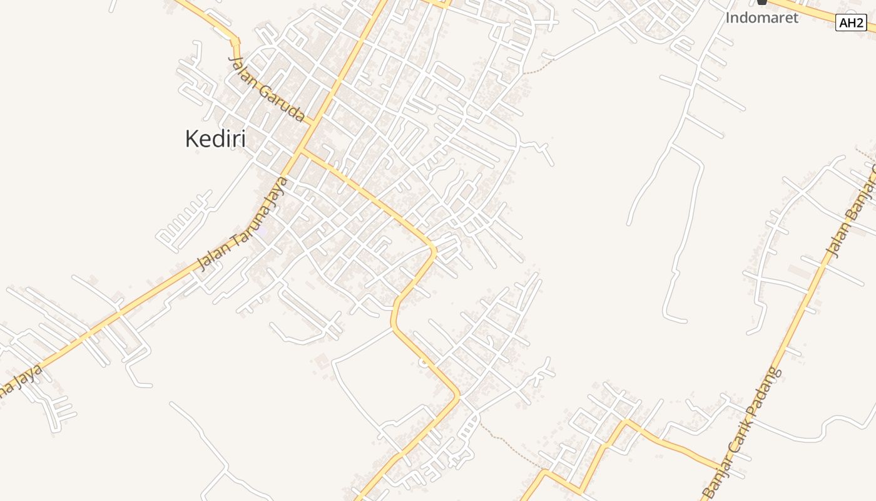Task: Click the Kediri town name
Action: (215, 139)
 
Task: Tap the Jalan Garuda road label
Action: (267, 88)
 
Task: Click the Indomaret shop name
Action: (761, 18)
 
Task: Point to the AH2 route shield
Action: (851, 23)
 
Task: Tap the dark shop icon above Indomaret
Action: (761, 2)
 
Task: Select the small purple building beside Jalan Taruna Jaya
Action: (261, 230)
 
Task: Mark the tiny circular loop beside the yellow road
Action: (424, 362)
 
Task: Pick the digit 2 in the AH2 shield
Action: (859, 23)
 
